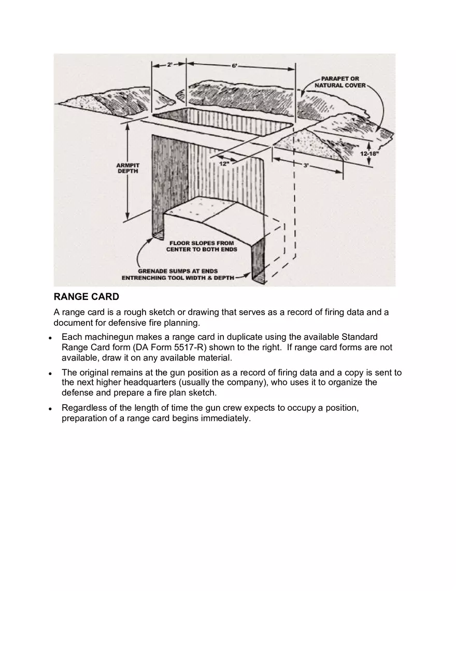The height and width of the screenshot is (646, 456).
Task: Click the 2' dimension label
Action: coord(169,65)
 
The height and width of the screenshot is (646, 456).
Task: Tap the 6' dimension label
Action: coord(234,66)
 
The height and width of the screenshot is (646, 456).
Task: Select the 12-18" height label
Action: coord(369,154)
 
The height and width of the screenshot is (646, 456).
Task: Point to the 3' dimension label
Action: coord(306,165)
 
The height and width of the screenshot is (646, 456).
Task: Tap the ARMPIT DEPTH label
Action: coord(127,168)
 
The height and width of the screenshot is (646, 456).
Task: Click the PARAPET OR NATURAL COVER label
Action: coord(340,82)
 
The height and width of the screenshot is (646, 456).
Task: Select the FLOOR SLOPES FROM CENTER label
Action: coord(202,246)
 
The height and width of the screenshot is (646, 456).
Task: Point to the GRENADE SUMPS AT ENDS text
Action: coord(178,271)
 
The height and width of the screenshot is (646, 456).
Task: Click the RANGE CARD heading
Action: coord(87,297)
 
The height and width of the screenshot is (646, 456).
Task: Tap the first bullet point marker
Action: coord(50,338)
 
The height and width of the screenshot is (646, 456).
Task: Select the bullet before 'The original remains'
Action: coord(50,373)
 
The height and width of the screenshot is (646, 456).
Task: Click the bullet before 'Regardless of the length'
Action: coord(50,408)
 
